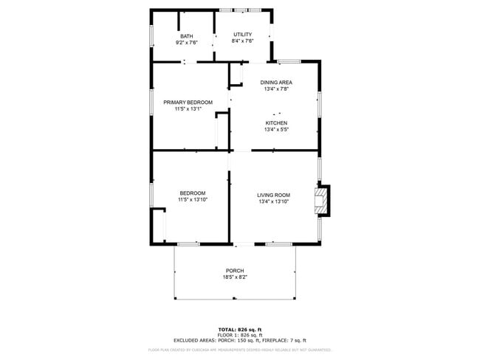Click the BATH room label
[187, 36]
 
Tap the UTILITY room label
[242, 35]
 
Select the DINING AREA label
[277, 82]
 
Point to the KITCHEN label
[276, 122]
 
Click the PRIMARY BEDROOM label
[188, 102]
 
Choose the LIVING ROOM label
[273, 195]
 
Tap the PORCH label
[235, 271]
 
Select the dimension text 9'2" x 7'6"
[187, 43]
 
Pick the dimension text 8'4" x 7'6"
[242, 41]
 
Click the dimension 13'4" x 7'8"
[277, 89]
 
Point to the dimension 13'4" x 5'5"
[276, 129]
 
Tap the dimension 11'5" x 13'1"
[188, 109]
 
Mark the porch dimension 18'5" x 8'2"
[235, 277]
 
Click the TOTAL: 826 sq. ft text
[240, 329]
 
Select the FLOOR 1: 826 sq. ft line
[240, 335]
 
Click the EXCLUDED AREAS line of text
[240, 340]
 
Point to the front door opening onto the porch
[242, 243]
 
